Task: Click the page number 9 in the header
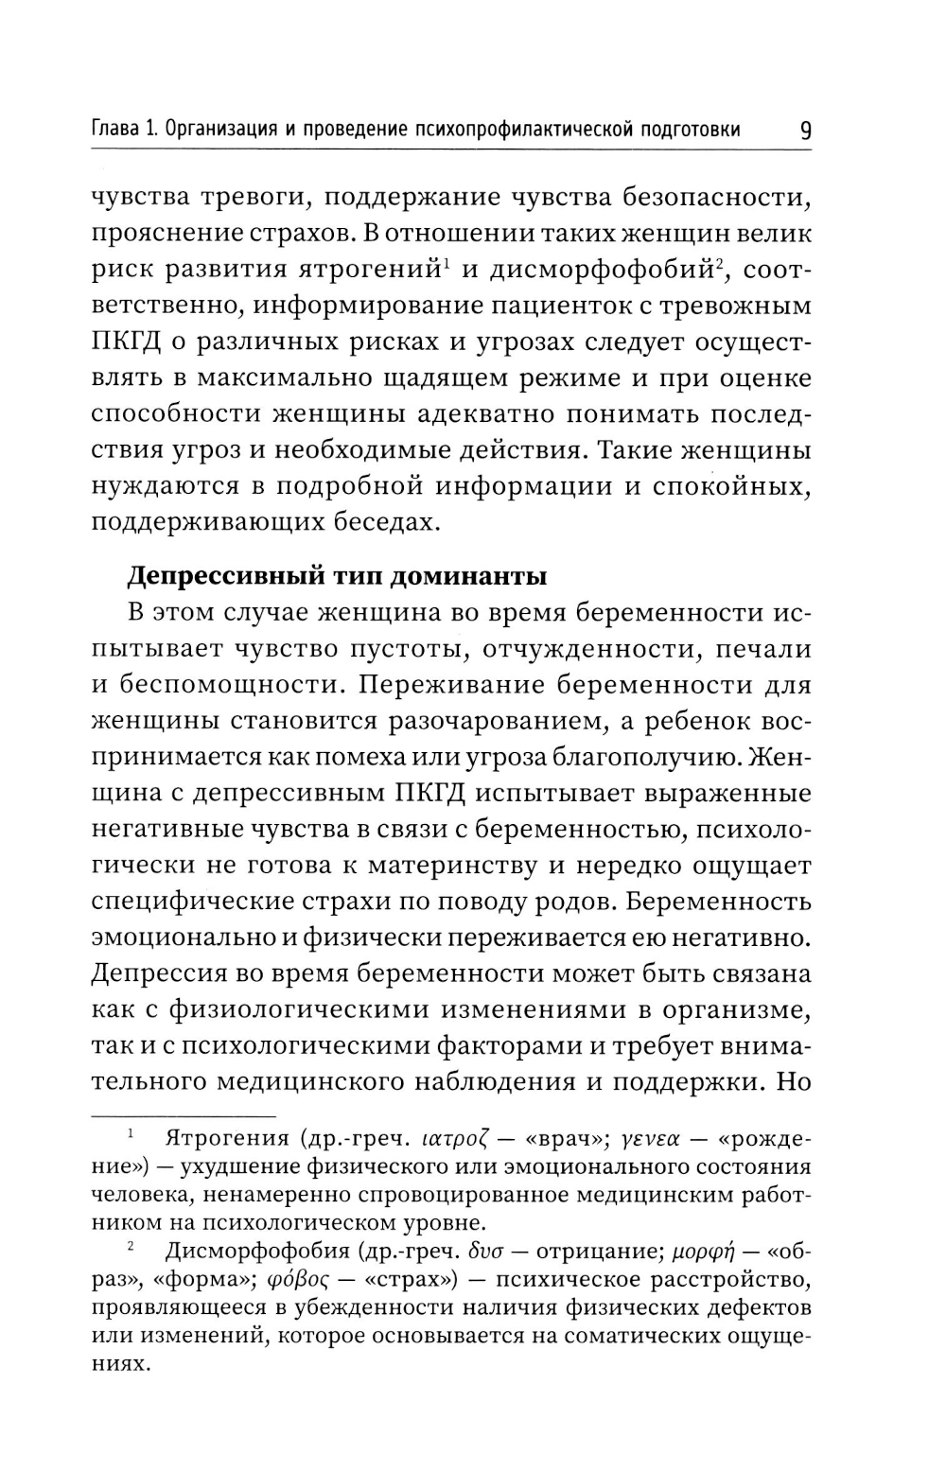[804, 130]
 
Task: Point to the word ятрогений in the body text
[374, 271]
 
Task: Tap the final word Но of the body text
[793, 1081]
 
